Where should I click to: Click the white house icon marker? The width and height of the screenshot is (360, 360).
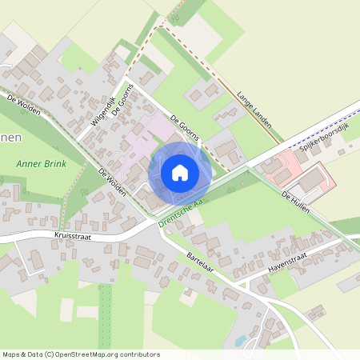(180, 172)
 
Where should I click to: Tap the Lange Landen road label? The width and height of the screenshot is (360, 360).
(255, 110)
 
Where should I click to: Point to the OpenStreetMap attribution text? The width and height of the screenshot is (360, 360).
(80, 354)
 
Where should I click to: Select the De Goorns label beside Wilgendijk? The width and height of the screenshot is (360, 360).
(121, 101)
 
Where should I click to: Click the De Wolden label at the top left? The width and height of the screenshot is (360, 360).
(23, 104)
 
